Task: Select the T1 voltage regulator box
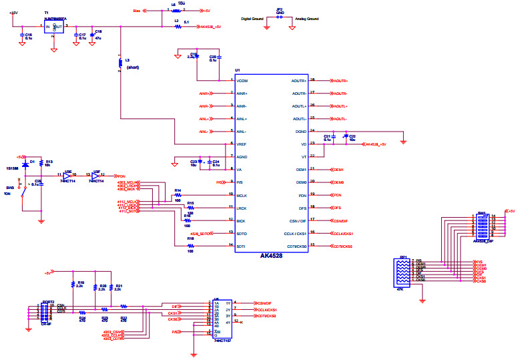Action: [53, 26]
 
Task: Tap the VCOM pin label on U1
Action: [242, 81]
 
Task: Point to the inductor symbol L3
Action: [120, 63]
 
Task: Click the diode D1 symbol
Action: [25, 162]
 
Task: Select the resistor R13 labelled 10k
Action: [41, 163]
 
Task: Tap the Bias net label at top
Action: [137, 11]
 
